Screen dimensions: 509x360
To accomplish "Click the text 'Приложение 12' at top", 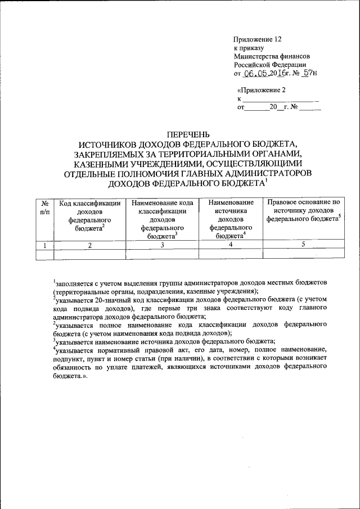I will [257, 39].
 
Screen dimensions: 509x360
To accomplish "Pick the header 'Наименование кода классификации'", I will [162, 219].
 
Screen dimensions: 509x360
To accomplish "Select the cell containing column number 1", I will [44, 245].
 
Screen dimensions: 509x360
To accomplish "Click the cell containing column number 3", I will [162, 245].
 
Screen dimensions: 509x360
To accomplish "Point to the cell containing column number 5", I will [304, 245].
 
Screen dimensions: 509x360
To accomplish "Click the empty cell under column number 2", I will [89, 254].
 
